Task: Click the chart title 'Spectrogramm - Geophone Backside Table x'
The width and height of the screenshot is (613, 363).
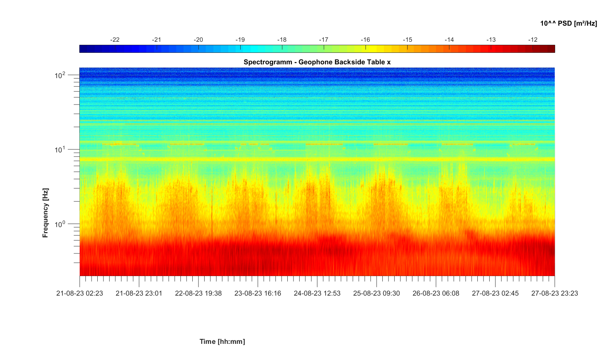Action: pos(317,62)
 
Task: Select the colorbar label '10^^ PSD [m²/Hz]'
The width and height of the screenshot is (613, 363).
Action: pos(569,23)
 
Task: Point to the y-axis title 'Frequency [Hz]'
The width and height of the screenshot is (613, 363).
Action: pos(46,213)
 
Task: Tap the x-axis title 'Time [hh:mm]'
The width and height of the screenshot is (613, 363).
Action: pos(222,342)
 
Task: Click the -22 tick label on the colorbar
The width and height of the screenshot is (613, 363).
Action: pos(115,40)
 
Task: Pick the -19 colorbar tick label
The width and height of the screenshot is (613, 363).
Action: pos(240,40)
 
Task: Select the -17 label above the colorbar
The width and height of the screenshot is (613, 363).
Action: pos(323,40)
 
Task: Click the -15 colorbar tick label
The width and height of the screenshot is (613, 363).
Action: pos(407,40)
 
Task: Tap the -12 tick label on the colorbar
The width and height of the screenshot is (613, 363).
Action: pos(533,40)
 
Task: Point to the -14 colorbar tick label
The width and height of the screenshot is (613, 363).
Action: pos(449,40)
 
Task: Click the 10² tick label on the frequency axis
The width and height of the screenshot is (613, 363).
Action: pos(60,75)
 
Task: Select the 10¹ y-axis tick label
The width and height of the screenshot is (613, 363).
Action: pos(60,149)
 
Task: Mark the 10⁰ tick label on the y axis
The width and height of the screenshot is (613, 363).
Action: pos(60,224)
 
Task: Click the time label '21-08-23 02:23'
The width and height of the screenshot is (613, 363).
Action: pos(80,293)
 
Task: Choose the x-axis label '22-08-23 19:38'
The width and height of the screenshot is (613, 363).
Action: pos(198,293)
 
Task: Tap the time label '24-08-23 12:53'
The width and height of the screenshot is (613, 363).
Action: pos(317,293)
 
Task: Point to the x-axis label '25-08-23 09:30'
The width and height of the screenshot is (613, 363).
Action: pos(376,293)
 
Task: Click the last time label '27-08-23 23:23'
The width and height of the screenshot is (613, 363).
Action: pos(554,293)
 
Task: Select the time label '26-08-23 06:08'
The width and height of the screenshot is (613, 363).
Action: pos(436,293)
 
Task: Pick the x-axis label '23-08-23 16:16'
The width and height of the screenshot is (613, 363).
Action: pos(257,293)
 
